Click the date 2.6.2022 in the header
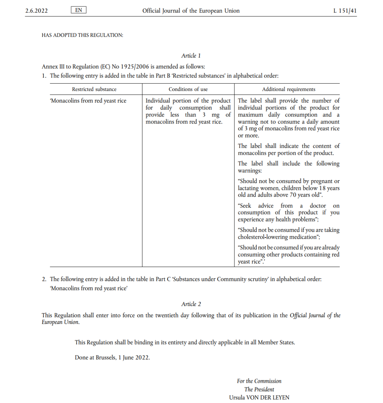coord(36,11)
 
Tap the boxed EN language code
coord(79,10)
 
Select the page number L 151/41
coord(345,11)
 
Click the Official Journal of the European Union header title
coord(191,11)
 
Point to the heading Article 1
coord(191,56)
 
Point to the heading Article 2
coord(191,304)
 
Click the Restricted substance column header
coord(94,89)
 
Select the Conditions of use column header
coord(188,89)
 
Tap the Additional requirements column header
coord(288,89)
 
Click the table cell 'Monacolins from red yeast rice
coord(88,101)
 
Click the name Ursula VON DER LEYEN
coord(259,397)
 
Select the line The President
coord(259,389)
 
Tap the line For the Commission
coord(259,381)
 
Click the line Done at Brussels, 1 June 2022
coord(112,357)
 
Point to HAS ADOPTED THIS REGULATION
coord(82,35)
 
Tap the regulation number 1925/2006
coord(135,67)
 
